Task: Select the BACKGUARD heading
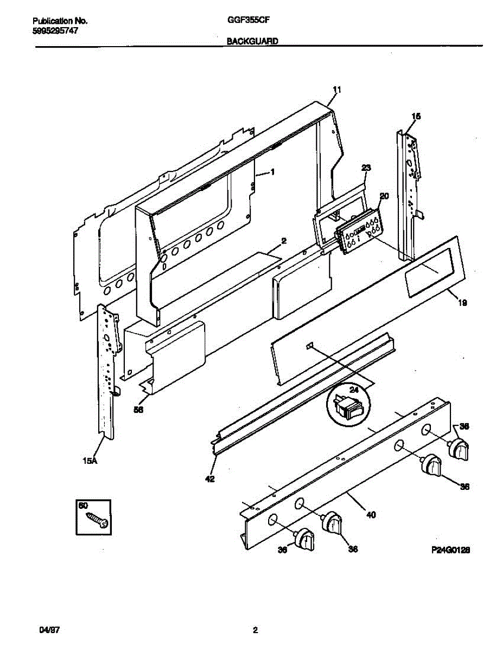point(252,41)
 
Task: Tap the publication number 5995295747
point(55,31)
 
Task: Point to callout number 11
point(336,90)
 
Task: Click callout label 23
point(366,168)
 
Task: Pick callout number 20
point(384,196)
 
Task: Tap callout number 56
point(139,411)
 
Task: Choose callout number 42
point(209,478)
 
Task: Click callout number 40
point(371,514)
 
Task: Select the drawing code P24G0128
point(450,550)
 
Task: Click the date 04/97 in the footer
point(49,630)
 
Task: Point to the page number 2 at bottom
point(255,630)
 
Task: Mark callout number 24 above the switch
point(354,389)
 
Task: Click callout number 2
point(283,240)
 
